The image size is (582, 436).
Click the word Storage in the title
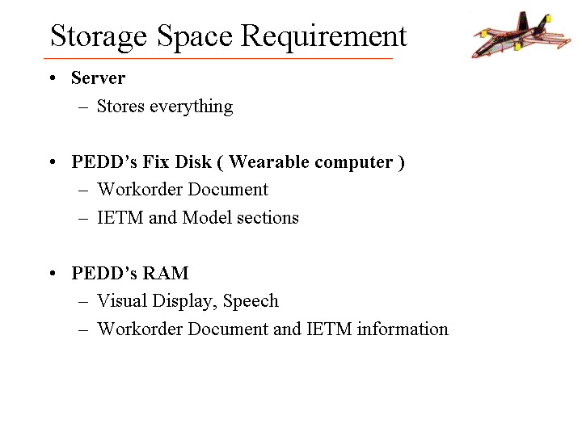coord(99,37)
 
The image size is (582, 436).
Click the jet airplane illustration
coord(521,35)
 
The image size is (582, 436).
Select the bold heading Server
coord(99,78)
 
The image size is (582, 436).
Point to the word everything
coord(191,107)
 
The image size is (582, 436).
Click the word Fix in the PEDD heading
coord(156,161)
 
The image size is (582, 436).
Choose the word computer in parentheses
coord(354,163)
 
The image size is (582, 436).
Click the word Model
coord(207,217)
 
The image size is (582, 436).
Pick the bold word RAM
coord(166,273)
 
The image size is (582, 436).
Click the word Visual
coord(122,300)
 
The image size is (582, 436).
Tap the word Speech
coord(251,301)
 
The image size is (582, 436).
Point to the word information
coord(403,329)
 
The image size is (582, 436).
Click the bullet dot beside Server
coord(53,78)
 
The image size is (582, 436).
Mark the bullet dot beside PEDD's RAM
coord(53,274)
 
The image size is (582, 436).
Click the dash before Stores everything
coord(83,107)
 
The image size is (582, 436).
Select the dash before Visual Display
coord(83,302)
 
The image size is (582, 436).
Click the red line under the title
coord(218,58)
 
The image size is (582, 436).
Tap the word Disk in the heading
coord(193,161)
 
